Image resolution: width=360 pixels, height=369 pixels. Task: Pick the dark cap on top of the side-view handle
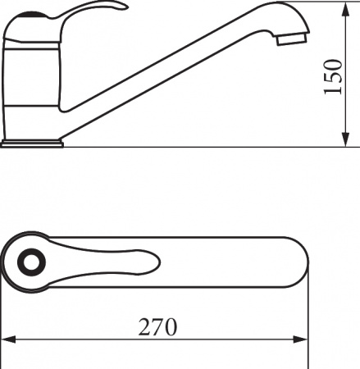pos(32,15)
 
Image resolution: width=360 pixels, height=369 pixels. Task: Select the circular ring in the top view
pos(31,262)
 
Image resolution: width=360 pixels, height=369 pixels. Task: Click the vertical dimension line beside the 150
pos(344,107)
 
